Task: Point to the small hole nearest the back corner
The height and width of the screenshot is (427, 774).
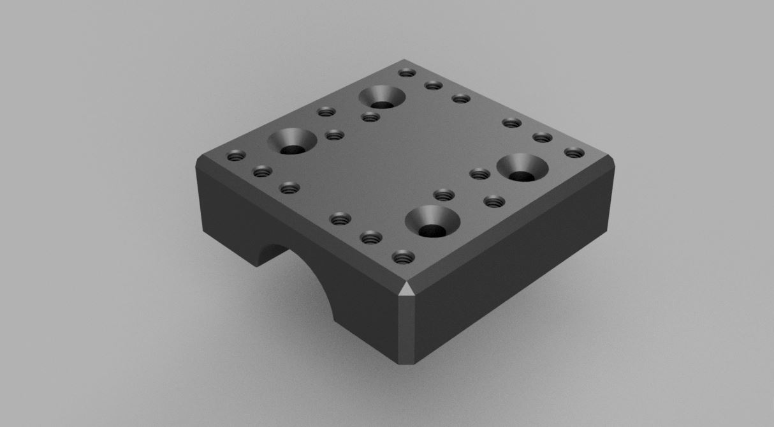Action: (406, 72)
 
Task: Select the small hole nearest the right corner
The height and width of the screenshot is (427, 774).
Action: (574, 153)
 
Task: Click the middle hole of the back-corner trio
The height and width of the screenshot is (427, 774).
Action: (434, 85)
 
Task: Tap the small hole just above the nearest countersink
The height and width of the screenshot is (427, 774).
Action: (442, 194)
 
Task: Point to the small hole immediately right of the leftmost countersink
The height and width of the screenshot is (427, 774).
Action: (334, 135)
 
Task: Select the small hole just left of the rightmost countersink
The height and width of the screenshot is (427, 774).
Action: (479, 172)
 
